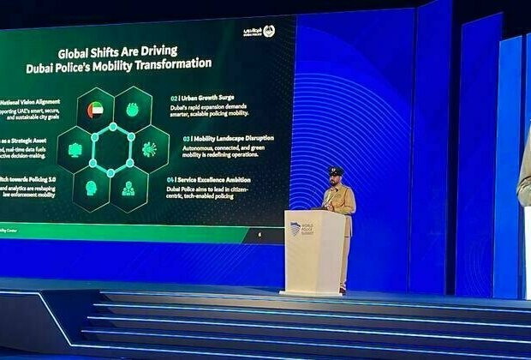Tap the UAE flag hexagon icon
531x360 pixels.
click(95, 110)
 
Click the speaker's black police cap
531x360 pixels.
click(337, 171)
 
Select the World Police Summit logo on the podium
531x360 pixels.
click(302, 230)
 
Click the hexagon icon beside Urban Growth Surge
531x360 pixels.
click(132, 110)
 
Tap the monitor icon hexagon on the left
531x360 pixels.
click(75, 149)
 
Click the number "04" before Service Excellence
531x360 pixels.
click(171, 179)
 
